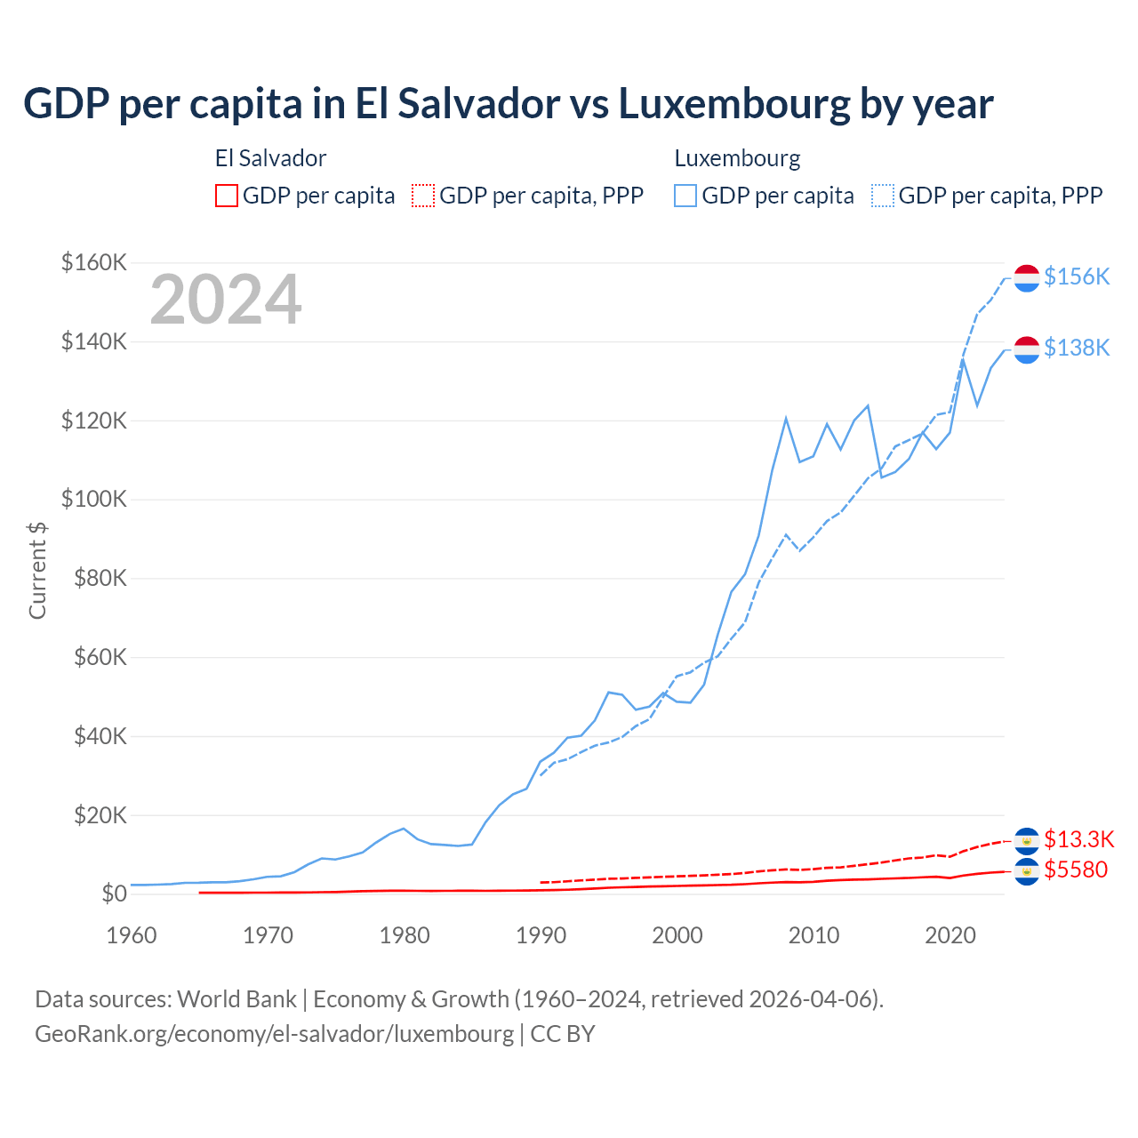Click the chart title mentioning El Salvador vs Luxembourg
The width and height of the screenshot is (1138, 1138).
(508, 104)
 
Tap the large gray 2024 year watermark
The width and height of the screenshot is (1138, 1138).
(226, 300)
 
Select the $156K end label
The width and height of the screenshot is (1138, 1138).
(1077, 277)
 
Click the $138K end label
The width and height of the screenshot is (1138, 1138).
(1077, 348)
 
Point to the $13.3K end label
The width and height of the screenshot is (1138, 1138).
(1078, 839)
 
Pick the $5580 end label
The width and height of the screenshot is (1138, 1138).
(1076, 870)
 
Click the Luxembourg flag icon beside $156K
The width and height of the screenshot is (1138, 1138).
(1027, 277)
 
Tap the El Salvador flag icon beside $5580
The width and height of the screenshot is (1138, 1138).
(1027, 871)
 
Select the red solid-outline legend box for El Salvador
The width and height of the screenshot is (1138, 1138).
(227, 196)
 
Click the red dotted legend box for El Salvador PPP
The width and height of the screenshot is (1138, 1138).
(423, 196)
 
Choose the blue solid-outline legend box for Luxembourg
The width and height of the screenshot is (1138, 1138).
(685, 196)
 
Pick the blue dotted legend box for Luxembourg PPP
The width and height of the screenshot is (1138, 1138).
(883, 196)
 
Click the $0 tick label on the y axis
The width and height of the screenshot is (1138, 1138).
(114, 894)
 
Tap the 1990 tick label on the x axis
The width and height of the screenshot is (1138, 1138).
(541, 935)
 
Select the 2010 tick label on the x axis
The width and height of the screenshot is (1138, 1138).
(813, 935)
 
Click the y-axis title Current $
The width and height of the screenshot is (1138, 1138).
(37, 571)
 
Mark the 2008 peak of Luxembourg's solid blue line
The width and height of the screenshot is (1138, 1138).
(786, 418)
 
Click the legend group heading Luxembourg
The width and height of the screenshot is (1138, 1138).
(737, 158)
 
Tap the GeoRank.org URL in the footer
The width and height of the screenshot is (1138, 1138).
(274, 1034)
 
